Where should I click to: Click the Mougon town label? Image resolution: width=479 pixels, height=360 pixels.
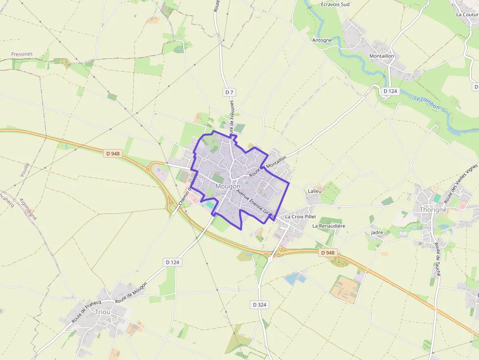tap(228, 187)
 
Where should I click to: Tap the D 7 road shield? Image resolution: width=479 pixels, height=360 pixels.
tap(230, 92)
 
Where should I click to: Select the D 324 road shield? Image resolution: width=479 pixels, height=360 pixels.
tap(260, 304)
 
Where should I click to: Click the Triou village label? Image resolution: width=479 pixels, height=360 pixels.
tap(103, 312)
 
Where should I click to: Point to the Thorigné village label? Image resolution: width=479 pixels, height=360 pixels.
tap(433, 210)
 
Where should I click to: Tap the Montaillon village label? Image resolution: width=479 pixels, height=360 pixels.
tap(381, 56)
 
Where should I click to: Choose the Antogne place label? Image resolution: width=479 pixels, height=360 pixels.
tap(322, 40)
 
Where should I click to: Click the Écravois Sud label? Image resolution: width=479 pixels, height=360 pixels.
tap(336, 4)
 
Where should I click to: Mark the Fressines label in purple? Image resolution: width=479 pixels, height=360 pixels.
tap(22, 54)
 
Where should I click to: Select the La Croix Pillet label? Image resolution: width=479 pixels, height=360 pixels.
tap(301, 216)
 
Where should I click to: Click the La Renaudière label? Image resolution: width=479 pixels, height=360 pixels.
tap(329, 226)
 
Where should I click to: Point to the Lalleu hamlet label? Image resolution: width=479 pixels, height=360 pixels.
tap(315, 191)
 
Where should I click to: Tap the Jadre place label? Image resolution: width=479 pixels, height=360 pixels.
tap(377, 233)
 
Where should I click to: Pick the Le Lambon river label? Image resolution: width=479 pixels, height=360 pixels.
tap(427, 104)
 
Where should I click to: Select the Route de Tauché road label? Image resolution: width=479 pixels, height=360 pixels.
tap(438, 262)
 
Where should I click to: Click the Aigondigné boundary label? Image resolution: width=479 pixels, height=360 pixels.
tap(28, 209)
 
